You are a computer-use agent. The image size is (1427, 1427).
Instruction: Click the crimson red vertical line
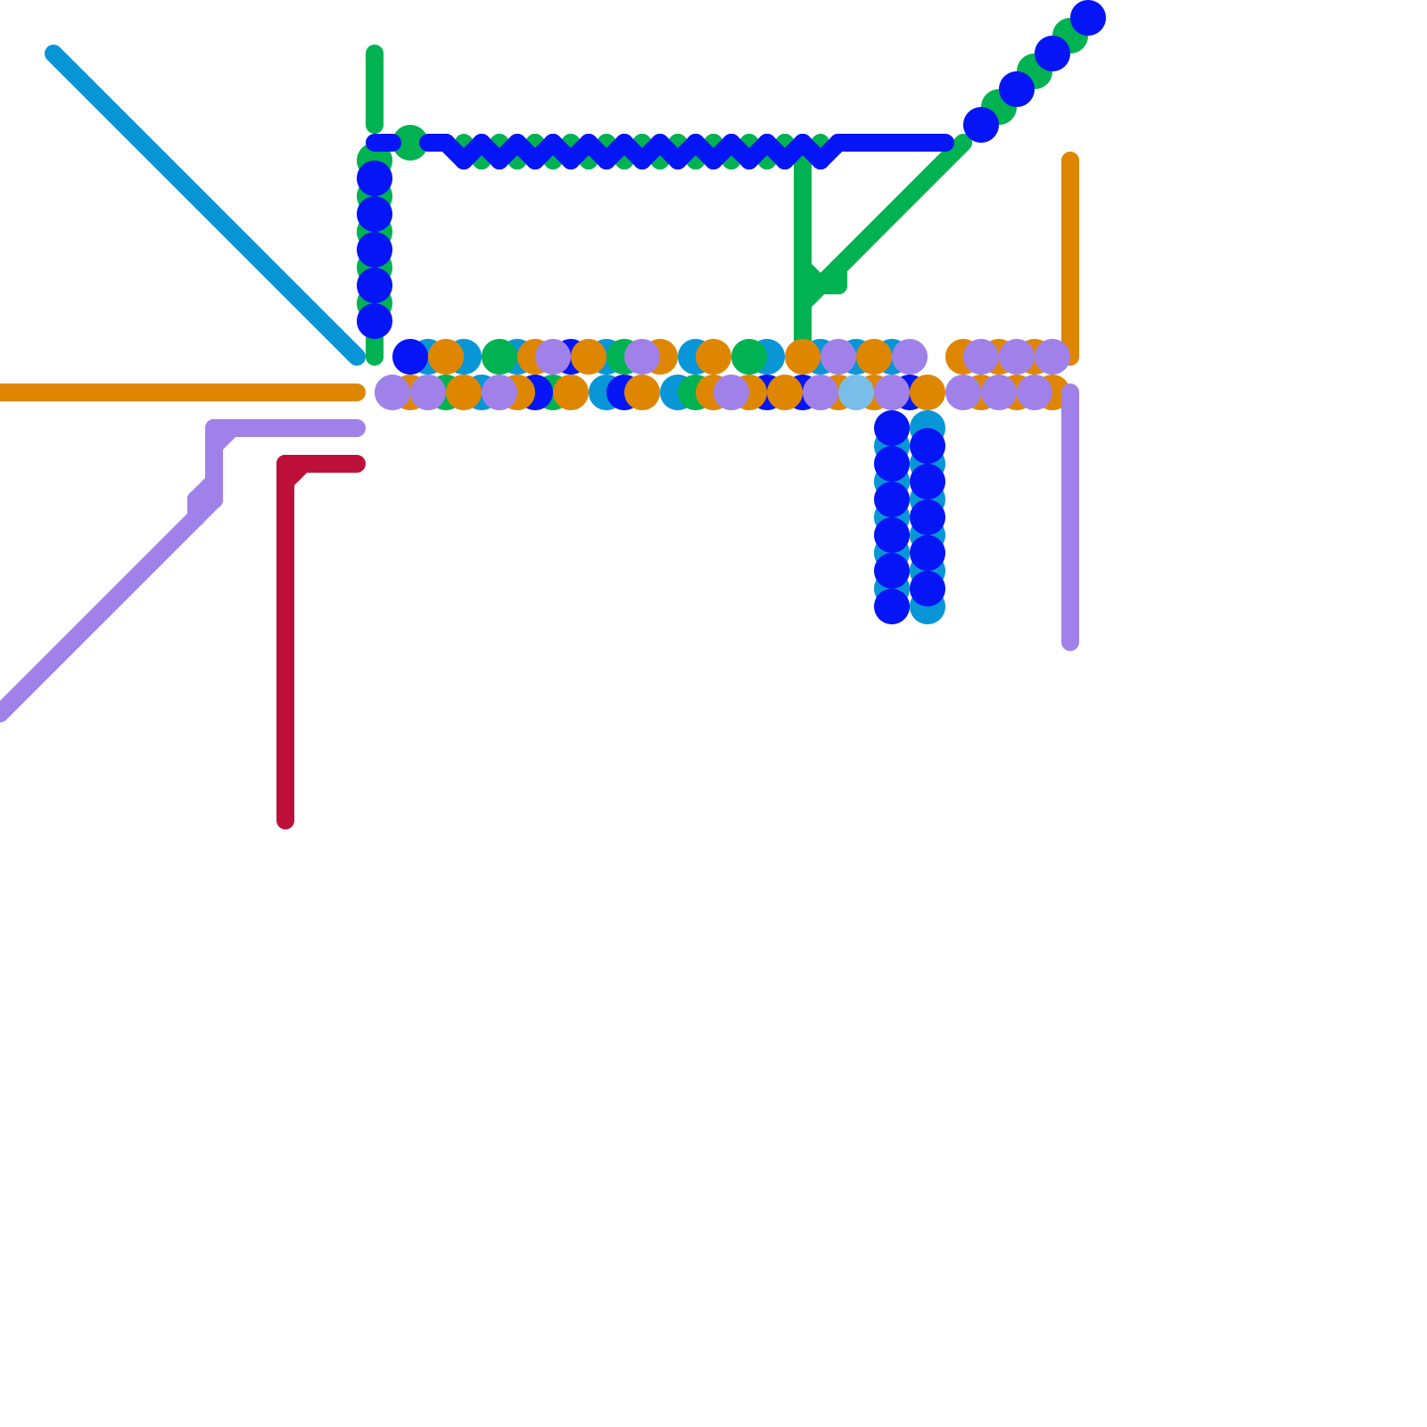(x=285, y=642)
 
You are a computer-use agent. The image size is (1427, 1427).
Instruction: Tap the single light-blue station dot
(x=856, y=392)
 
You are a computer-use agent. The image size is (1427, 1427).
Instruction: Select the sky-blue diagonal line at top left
(x=205, y=205)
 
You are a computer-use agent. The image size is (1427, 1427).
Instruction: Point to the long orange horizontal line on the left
(x=178, y=392)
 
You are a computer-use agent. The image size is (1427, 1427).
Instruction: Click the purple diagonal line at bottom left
(x=98, y=615)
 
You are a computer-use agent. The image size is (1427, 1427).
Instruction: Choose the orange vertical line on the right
(x=1070, y=259)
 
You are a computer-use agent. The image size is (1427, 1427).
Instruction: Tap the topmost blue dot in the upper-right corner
(x=1088, y=18)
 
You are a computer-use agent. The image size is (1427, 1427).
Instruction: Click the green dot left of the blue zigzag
(x=410, y=143)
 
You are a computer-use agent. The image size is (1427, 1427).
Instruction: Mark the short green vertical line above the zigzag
(x=375, y=89)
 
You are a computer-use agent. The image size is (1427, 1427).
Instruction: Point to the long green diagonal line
(x=892, y=214)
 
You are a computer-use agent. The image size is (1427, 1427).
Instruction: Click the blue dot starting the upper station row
(x=410, y=357)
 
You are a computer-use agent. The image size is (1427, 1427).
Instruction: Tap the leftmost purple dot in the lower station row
(x=392, y=392)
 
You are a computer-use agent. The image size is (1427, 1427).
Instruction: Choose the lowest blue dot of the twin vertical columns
(x=892, y=606)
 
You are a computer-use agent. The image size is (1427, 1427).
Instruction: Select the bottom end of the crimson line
(x=285, y=821)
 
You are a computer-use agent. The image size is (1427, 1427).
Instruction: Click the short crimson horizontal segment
(x=330, y=464)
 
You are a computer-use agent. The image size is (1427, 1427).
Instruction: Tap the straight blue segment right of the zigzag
(x=892, y=143)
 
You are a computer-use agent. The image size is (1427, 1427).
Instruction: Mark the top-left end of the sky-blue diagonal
(x=54, y=54)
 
